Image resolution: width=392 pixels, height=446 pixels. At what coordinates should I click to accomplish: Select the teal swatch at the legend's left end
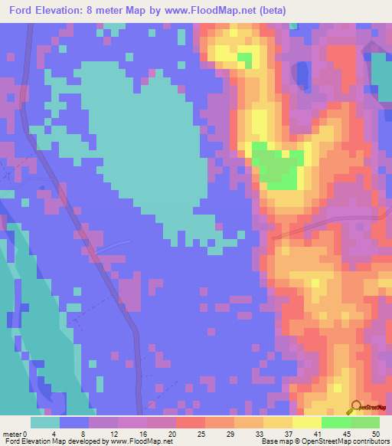[x=45, y=422]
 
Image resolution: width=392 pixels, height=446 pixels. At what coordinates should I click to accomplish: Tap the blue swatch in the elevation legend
[x=74, y=422]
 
